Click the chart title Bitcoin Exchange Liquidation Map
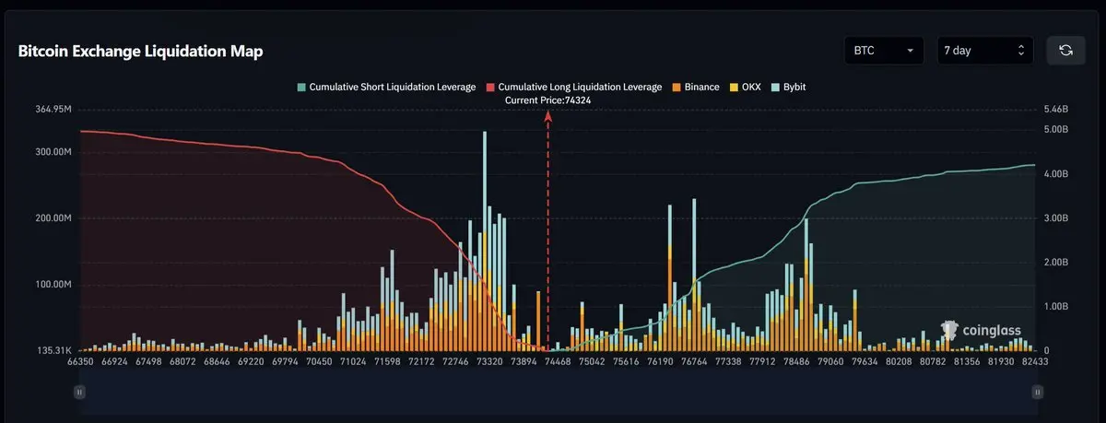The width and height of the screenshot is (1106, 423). tap(140, 52)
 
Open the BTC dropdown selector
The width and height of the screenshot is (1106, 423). tap(884, 50)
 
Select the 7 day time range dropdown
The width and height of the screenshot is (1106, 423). tap(984, 50)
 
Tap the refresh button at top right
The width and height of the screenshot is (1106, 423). tap(1065, 50)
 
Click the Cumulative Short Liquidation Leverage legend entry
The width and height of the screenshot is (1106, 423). tap(387, 87)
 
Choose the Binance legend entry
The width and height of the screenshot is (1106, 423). tap(696, 87)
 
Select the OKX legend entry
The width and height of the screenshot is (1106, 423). tap(746, 87)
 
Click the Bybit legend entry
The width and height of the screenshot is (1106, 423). tap(789, 87)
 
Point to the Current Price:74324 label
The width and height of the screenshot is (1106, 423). tap(547, 99)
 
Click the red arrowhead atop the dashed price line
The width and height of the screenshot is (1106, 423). tap(548, 116)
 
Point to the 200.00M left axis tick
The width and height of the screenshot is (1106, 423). tap(53, 218)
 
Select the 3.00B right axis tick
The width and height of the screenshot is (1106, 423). tap(1055, 218)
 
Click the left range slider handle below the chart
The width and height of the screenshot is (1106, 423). tap(79, 392)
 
